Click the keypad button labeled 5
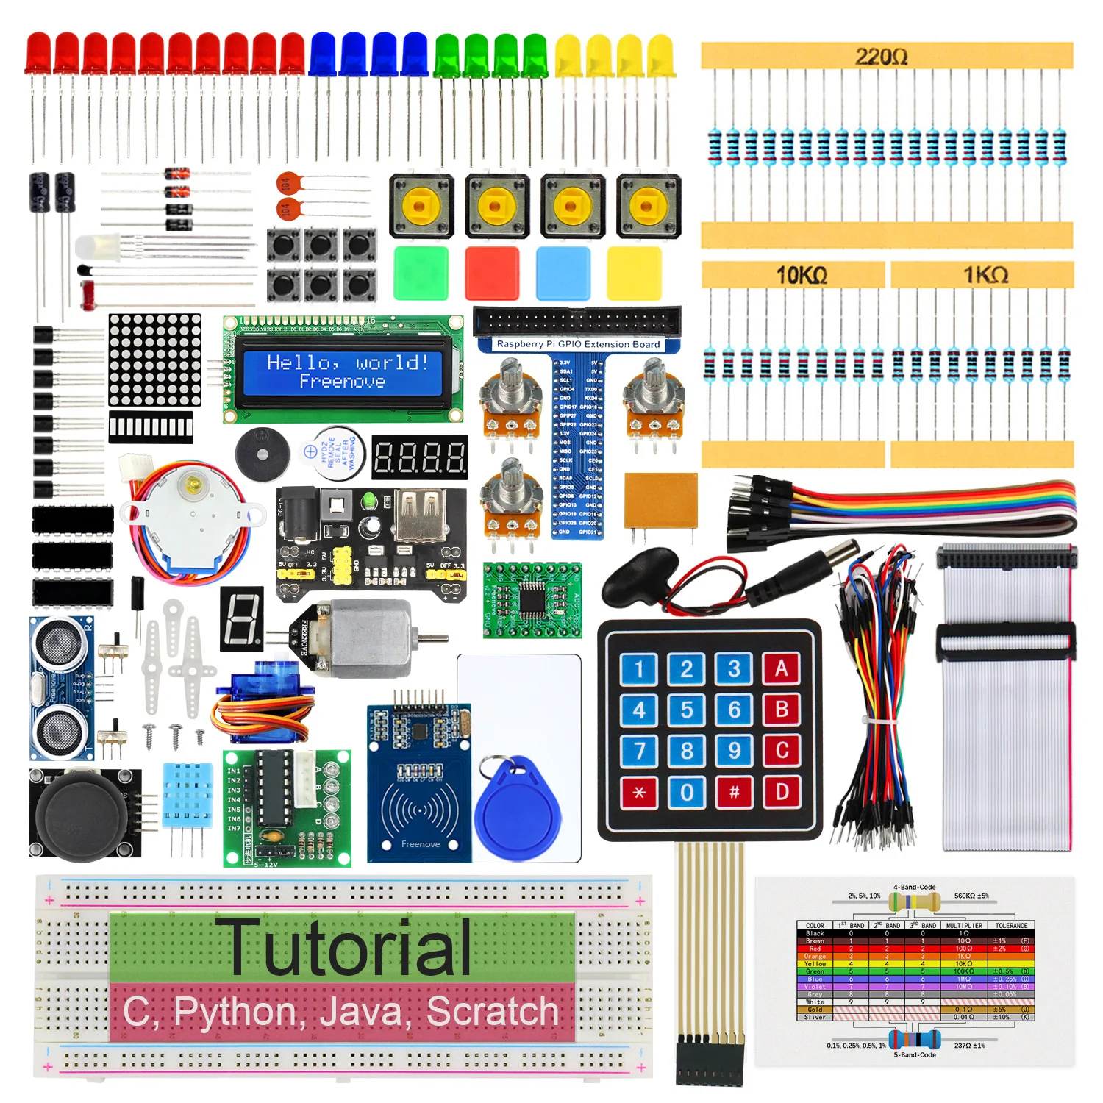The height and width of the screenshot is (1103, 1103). [x=686, y=710]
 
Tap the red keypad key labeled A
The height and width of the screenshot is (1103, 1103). [x=781, y=668]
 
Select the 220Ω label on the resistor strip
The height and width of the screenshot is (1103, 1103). [x=881, y=56]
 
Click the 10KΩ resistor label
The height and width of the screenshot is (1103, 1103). [x=802, y=275]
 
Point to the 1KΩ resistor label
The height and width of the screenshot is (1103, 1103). [x=985, y=275]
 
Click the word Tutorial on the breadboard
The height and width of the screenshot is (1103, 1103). [x=350, y=949]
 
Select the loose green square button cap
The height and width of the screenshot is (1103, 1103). [x=421, y=273]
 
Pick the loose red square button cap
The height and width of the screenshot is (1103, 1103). [x=492, y=273]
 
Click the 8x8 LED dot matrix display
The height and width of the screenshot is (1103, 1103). [x=155, y=360]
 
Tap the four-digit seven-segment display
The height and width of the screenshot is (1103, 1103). [x=419, y=457]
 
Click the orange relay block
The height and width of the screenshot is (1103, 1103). [x=660, y=500]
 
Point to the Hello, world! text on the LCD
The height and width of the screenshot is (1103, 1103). [x=347, y=362]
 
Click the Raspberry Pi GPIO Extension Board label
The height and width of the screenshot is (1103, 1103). [x=578, y=343]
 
